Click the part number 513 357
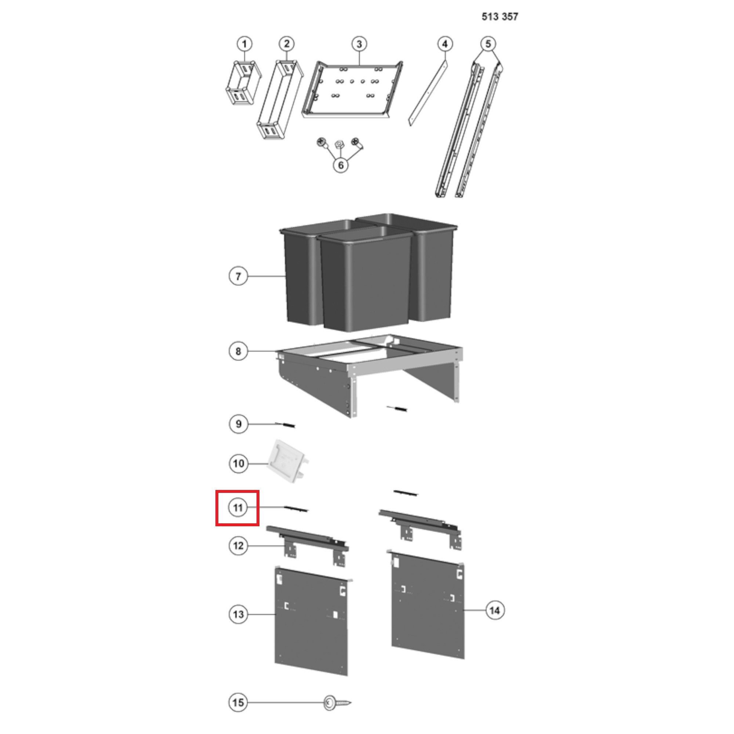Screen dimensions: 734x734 (499, 17)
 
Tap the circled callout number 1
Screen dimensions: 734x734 (244, 44)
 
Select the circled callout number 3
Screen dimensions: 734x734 (359, 44)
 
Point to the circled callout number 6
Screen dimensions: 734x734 (341, 165)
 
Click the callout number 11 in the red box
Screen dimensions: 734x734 (238, 508)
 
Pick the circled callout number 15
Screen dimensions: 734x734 (238, 702)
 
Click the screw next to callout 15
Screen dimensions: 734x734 (337, 702)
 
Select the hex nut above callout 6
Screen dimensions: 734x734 (338, 144)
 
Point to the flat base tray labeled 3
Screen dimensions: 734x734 (353, 90)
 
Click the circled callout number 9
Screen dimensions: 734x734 (238, 424)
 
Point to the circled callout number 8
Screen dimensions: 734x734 (238, 351)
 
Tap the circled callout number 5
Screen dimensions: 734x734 (488, 44)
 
